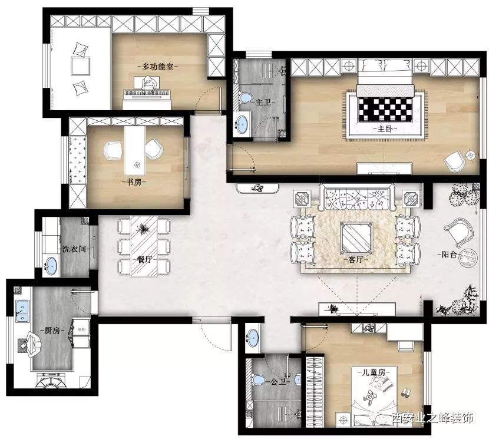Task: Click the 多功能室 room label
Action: (x=157, y=67)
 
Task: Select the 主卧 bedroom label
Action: (x=385, y=129)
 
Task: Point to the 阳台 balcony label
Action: (x=449, y=255)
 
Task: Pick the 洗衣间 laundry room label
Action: (x=74, y=249)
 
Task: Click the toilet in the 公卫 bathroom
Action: (x=258, y=379)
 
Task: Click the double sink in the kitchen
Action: (x=22, y=311)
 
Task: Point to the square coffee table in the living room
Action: (x=356, y=237)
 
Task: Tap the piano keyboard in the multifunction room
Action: (x=147, y=94)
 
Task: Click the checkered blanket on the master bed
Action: (x=386, y=109)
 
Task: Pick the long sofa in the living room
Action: (x=357, y=197)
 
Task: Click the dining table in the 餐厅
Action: (x=144, y=246)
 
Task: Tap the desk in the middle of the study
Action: (x=135, y=150)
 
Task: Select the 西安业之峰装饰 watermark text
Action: (x=433, y=418)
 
